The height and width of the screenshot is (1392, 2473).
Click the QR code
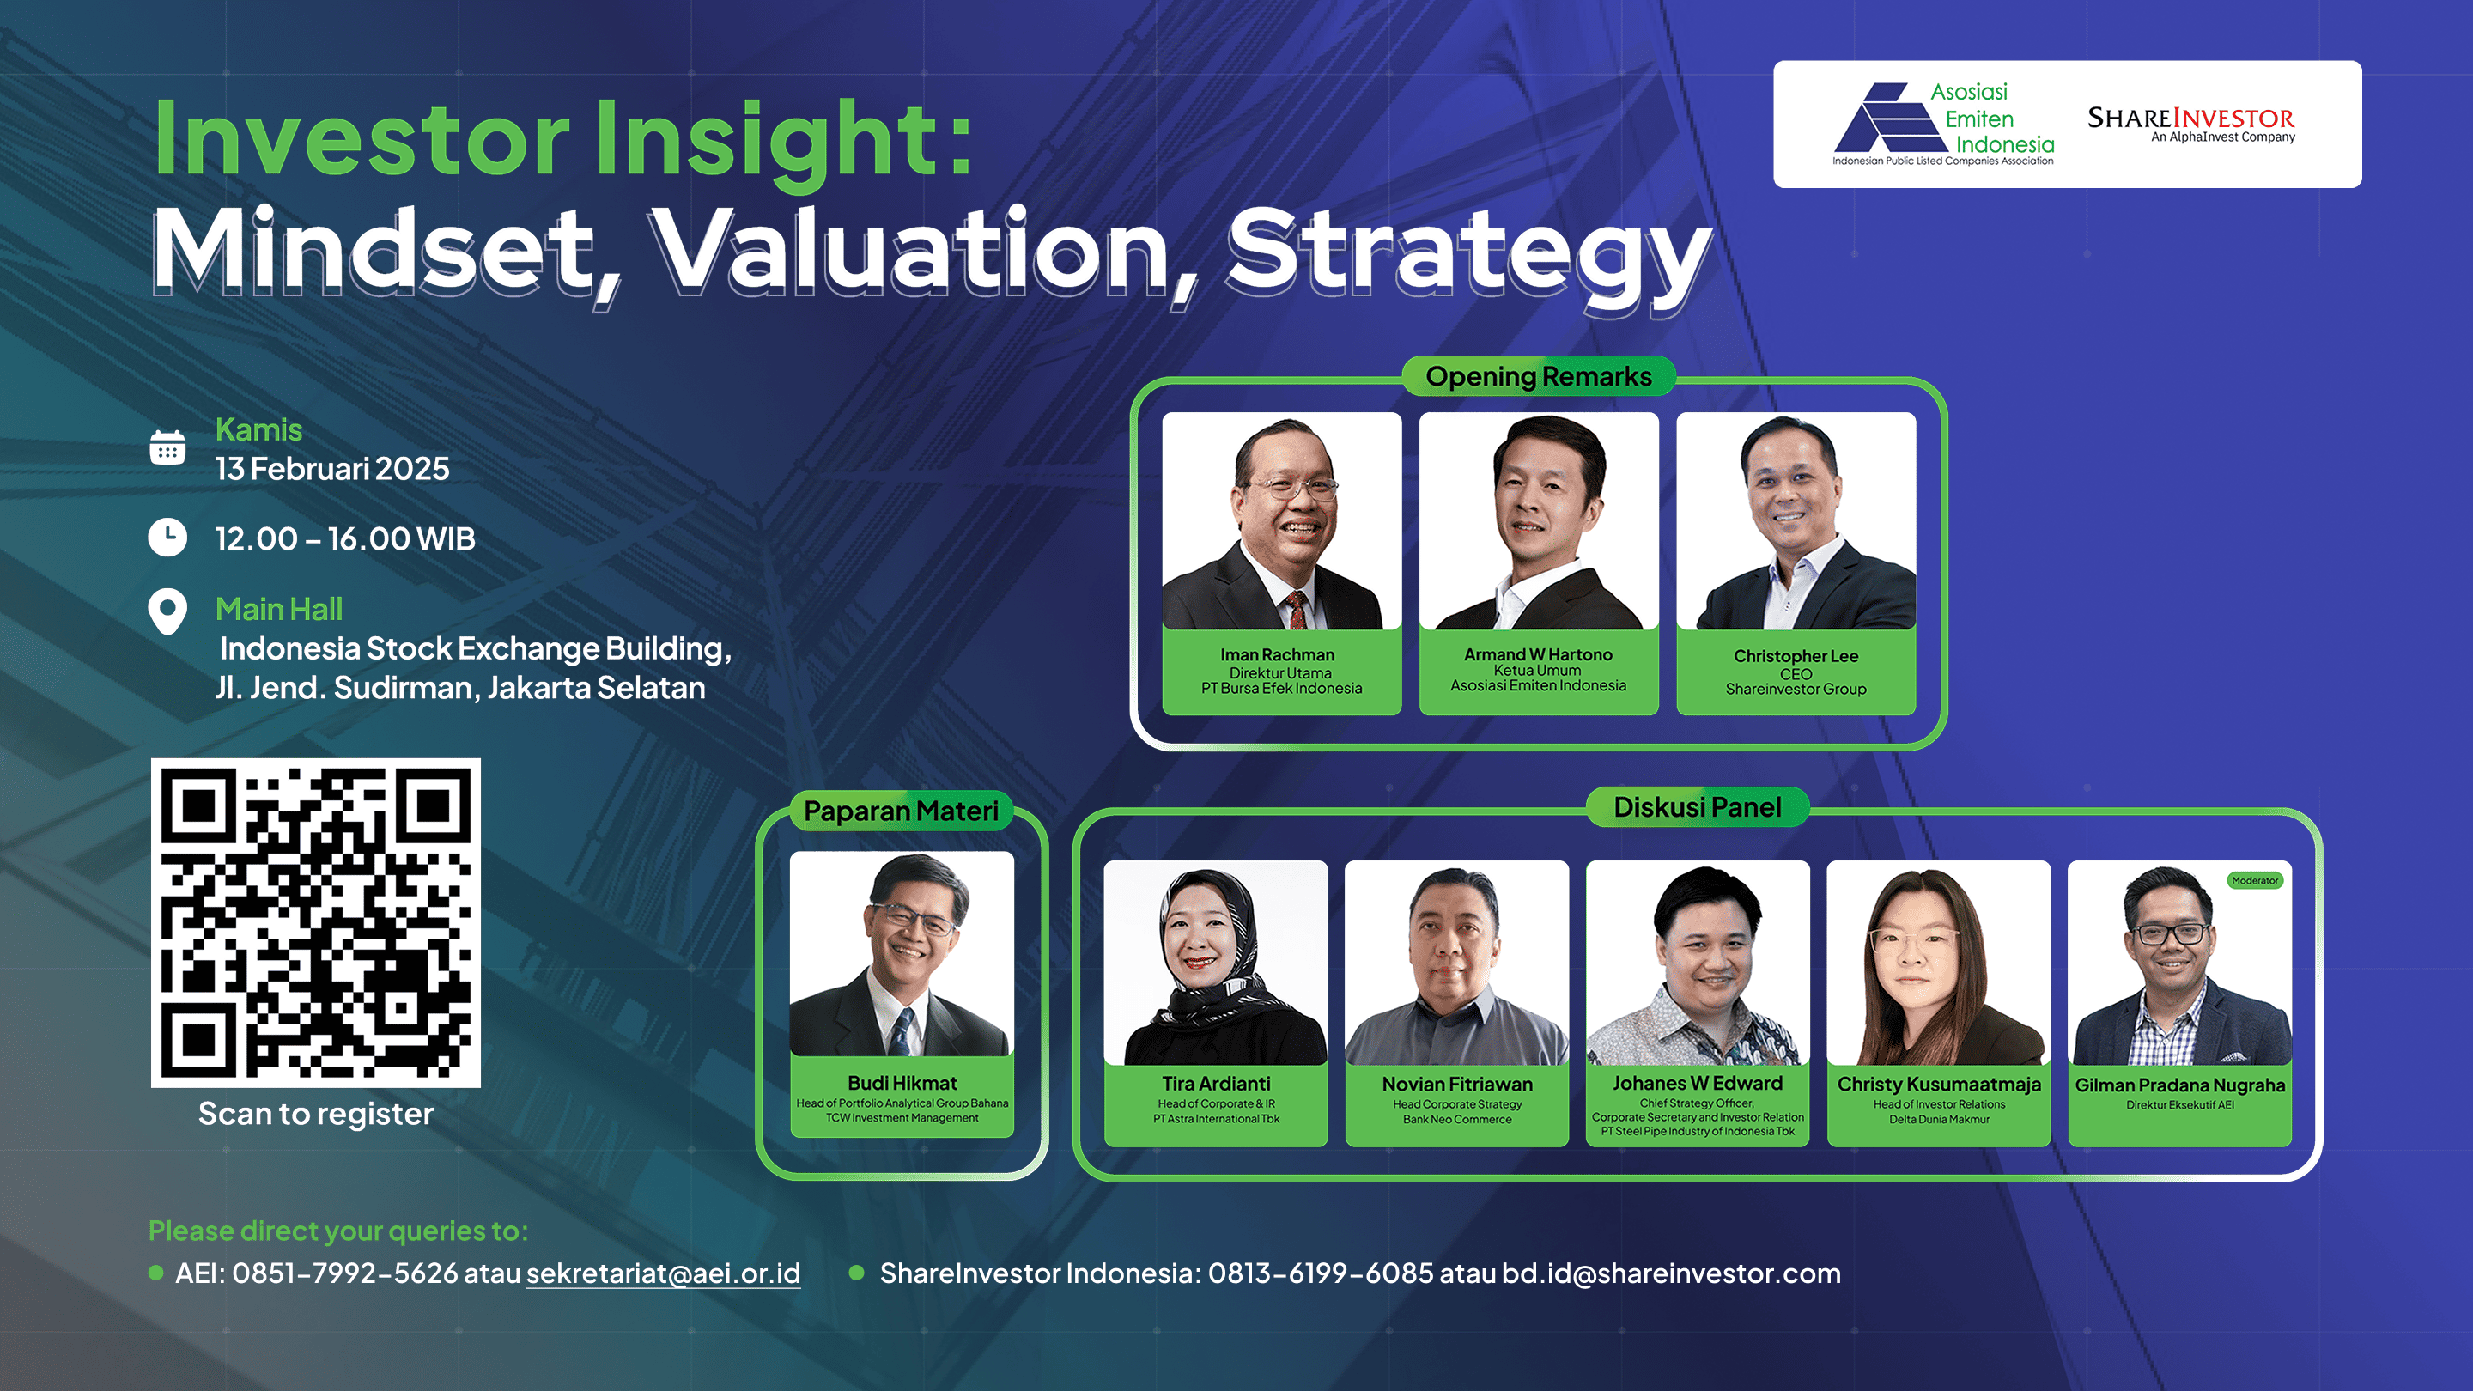point(316,922)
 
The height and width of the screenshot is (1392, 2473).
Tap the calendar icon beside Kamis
point(168,447)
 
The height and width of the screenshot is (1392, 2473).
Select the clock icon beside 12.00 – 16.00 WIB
point(168,538)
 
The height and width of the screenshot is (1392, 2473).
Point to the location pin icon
point(168,611)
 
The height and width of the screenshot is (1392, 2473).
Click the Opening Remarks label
point(1539,376)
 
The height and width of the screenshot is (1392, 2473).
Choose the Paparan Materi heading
point(902,811)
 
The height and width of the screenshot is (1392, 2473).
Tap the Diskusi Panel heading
point(1698,807)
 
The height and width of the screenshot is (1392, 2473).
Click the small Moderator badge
point(2255,880)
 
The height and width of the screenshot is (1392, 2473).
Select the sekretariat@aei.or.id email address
point(664,1273)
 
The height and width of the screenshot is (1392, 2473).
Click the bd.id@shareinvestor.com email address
point(1671,1273)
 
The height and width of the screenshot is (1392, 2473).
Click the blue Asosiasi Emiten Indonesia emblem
point(1889,119)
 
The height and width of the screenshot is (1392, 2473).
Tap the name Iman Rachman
point(1278,654)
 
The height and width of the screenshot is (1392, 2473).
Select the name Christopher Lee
point(1796,657)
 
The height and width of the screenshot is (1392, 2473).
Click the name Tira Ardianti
point(1217,1084)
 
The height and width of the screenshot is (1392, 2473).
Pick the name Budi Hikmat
point(902,1083)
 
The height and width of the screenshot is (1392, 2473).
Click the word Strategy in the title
point(1470,253)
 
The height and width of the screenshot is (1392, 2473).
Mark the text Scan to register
point(316,1114)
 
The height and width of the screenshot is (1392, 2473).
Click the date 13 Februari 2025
point(332,469)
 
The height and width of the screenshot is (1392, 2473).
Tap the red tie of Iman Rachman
point(1296,611)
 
